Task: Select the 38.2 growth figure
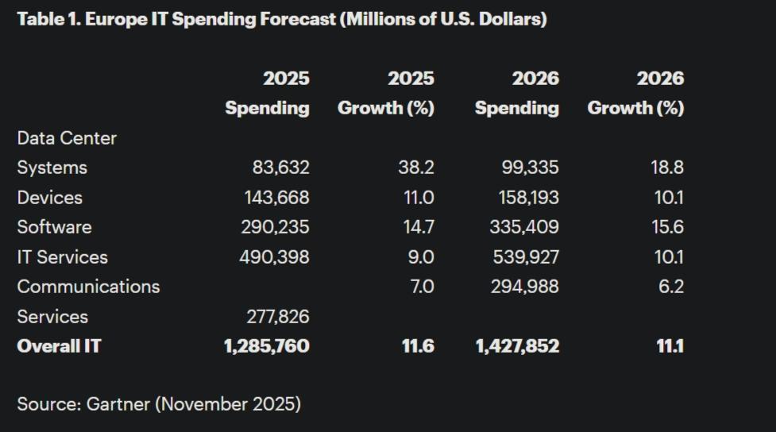point(415,168)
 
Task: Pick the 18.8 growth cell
point(666,168)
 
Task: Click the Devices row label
point(49,198)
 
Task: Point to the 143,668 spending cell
point(276,198)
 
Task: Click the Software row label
point(54,227)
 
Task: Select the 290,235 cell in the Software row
point(275,227)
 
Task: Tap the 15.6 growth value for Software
point(666,227)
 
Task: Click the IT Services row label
point(62,257)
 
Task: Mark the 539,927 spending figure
point(524,257)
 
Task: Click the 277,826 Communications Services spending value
point(277,317)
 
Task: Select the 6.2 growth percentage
point(670,287)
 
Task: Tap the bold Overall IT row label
point(59,346)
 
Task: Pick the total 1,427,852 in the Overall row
point(517,346)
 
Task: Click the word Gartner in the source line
point(118,404)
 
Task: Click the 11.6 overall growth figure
point(417,346)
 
